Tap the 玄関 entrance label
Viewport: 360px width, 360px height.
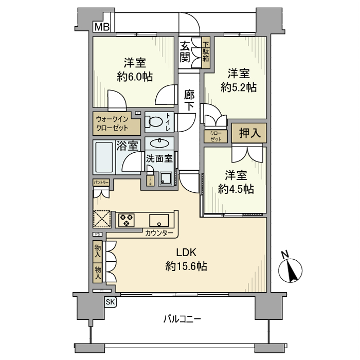pos(185,51)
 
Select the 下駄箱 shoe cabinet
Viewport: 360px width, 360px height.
pos(206,51)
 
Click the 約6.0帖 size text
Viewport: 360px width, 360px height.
pos(135,77)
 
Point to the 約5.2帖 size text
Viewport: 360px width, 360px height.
pos(239,87)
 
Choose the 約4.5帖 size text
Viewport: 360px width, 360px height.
pos(236,189)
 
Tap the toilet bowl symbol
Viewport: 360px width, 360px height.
pos(153,122)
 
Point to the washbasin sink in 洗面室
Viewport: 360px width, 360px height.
pos(159,142)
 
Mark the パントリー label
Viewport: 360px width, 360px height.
pos(101,183)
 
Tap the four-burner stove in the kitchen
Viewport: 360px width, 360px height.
pos(126,220)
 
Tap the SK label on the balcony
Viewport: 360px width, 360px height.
pos(110,302)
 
